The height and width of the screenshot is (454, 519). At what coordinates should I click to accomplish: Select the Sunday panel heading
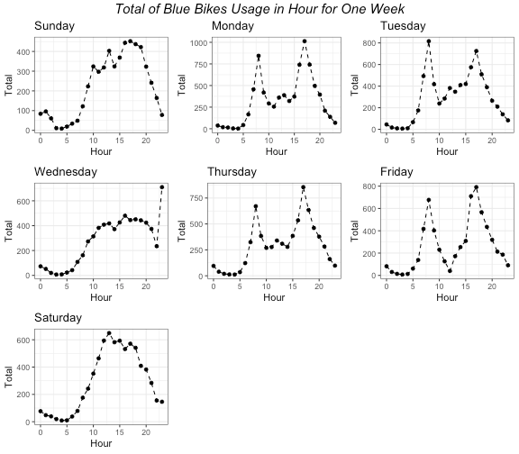55,26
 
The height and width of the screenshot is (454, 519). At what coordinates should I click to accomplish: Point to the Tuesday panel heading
404,26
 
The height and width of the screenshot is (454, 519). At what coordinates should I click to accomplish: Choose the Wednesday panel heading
67,171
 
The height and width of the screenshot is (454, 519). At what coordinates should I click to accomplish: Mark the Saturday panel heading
58,318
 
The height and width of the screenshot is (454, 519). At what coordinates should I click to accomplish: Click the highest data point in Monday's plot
305,41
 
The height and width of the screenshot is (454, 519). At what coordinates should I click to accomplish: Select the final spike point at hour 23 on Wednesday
162,187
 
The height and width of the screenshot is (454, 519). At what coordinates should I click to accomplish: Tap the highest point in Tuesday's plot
429,41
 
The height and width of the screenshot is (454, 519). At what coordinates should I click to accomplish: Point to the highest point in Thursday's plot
304,187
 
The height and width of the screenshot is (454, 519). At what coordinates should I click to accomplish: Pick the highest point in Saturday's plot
109,333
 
